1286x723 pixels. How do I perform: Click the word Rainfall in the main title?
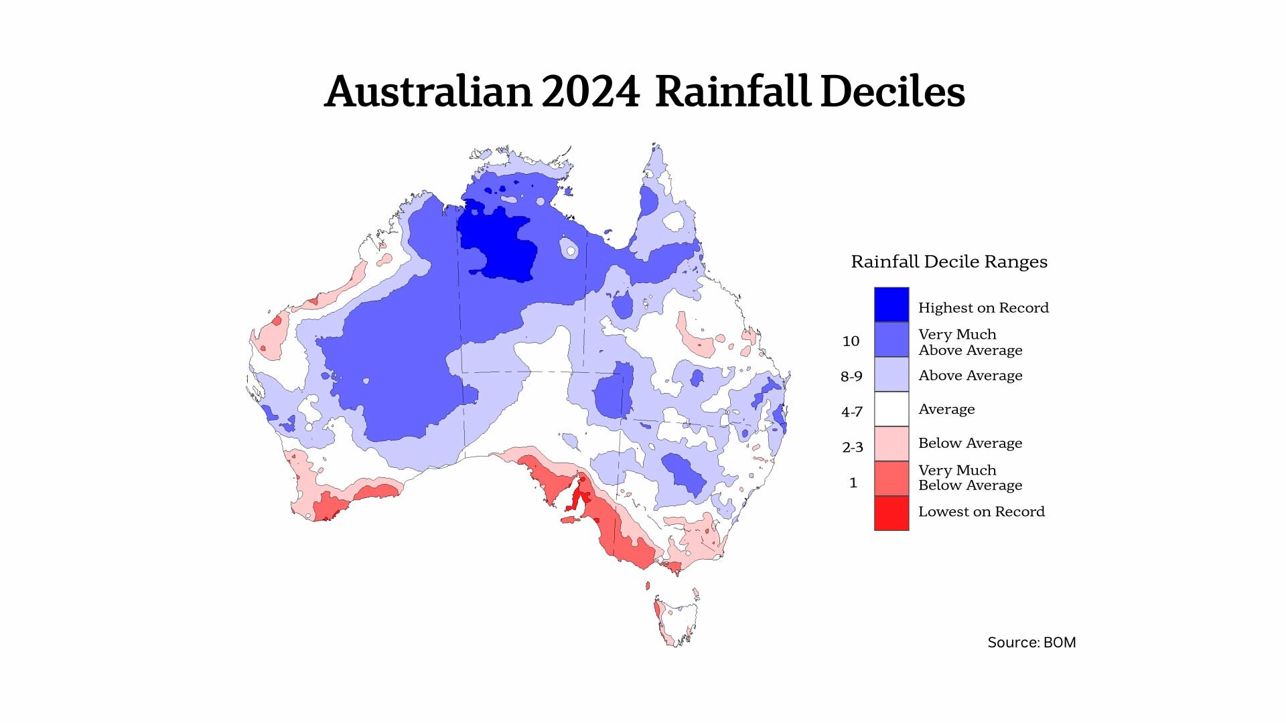[x=733, y=92]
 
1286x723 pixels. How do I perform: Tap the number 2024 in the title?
[x=590, y=92]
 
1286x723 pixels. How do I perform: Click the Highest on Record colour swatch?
[x=891, y=305]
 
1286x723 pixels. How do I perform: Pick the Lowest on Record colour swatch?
[x=891, y=513]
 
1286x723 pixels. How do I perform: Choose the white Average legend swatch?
[x=891, y=409]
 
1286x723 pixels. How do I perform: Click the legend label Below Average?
[x=970, y=443]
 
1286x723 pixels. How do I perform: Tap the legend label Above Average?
[x=970, y=376]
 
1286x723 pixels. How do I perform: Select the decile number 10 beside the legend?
[x=851, y=341]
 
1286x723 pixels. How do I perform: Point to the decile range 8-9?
[x=851, y=377]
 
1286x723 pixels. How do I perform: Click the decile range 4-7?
[x=851, y=412]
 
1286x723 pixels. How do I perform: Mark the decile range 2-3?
[x=852, y=447]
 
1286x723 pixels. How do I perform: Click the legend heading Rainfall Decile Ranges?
[x=948, y=262]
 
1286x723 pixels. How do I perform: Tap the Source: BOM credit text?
[x=1031, y=643]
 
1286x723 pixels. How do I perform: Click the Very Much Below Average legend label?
[x=970, y=477]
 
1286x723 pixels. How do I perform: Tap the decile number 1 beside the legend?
[x=853, y=483]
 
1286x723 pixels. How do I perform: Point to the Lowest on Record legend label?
[x=981, y=512]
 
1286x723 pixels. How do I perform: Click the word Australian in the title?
[x=428, y=92]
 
